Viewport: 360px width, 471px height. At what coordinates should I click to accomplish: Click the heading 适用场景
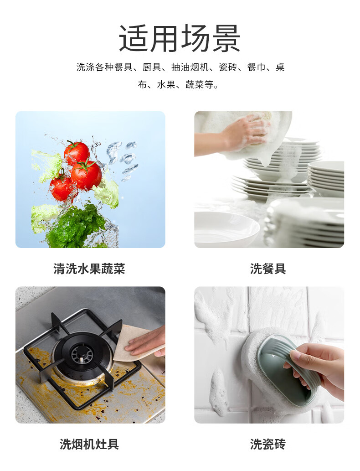[x=180, y=38]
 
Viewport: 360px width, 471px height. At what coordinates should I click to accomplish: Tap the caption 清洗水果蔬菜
[x=89, y=269]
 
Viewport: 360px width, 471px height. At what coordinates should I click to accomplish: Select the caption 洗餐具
[x=268, y=269]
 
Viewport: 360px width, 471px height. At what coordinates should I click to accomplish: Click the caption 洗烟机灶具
[x=89, y=444]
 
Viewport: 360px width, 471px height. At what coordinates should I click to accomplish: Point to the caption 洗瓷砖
[x=268, y=444]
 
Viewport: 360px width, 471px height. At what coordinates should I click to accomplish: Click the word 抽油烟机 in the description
[x=190, y=67]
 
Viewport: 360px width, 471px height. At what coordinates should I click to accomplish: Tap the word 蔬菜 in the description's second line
[x=195, y=84]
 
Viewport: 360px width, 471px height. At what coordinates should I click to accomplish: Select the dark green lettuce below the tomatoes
[x=77, y=227]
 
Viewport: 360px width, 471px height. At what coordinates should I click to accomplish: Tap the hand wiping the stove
[x=147, y=341]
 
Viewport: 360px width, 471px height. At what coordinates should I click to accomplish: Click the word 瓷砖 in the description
[x=228, y=67]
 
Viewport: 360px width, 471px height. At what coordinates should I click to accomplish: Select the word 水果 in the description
[x=166, y=84]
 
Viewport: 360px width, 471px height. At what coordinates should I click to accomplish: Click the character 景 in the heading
[x=226, y=38]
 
